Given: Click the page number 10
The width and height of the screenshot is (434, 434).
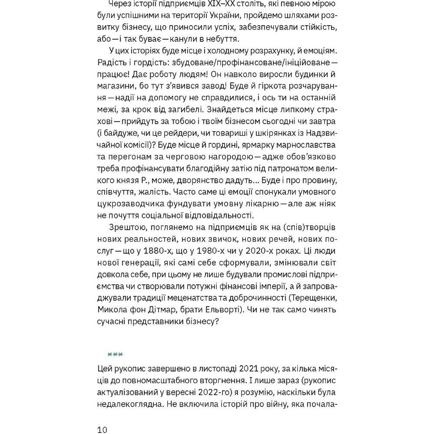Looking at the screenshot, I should coord(102,430).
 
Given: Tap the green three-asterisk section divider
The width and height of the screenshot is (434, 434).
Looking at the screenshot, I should coord(115,354).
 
